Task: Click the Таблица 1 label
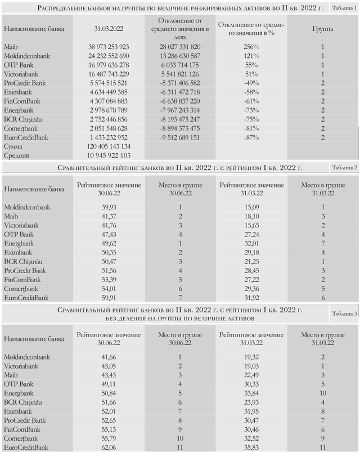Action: (x=344, y=8)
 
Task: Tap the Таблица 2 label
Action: (x=344, y=168)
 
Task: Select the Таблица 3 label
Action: (x=344, y=314)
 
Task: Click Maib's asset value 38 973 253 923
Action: (x=109, y=47)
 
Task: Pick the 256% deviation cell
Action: (x=251, y=47)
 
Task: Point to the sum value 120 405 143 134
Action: (x=109, y=146)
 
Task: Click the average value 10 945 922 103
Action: (x=109, y=155)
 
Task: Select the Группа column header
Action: (x=322, y=29)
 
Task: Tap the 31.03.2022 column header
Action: (x=109, y=29)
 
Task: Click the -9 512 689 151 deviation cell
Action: (x=179, y=137)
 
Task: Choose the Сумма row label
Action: (x=13, y=146)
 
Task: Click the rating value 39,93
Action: (x=109, y=207)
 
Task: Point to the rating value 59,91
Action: (x=109, y=298)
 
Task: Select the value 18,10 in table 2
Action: (x=251, y=216)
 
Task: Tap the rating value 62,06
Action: (x=109, y=447)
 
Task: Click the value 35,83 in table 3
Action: (x=251, y=447)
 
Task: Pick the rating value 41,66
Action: (x=109, y=357)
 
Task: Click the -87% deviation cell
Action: (x=251, y=137)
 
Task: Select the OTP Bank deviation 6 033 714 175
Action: (x=179, y=65)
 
